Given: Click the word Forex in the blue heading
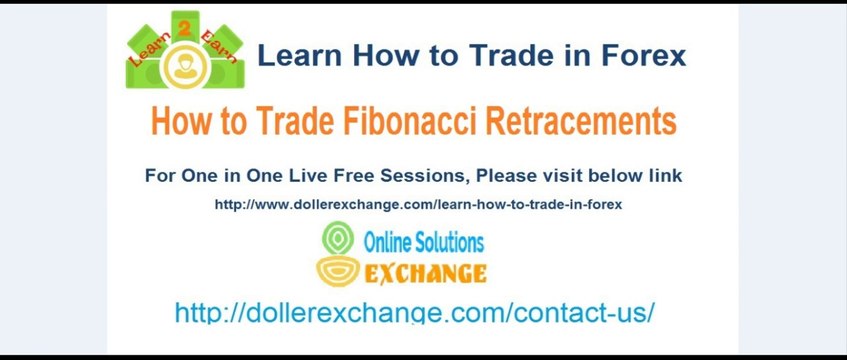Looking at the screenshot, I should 644,55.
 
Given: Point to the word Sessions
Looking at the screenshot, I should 427,176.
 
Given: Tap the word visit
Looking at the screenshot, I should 563,176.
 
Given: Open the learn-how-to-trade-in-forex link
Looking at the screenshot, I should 418,205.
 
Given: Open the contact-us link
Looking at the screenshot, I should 414,312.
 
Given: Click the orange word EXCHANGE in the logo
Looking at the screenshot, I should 425,273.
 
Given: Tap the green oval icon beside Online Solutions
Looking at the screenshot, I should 337,239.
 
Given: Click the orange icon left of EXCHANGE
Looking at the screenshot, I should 337,270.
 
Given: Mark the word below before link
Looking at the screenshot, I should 619,176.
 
